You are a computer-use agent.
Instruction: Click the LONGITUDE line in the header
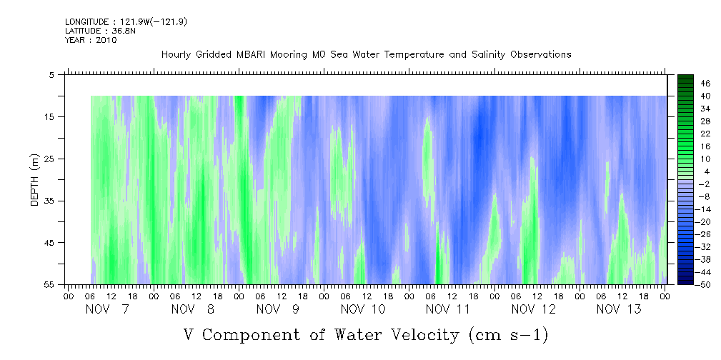coord(126,21)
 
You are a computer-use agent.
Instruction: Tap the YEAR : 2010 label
coord(91,40)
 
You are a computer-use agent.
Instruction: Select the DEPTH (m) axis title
coord(35,180)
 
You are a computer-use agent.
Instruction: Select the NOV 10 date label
coord(363,309)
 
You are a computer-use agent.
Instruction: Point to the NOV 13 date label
coord(619,309)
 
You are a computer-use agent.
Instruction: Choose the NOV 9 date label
coord(278,309)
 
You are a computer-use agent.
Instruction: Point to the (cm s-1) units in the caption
coord(508,335)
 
